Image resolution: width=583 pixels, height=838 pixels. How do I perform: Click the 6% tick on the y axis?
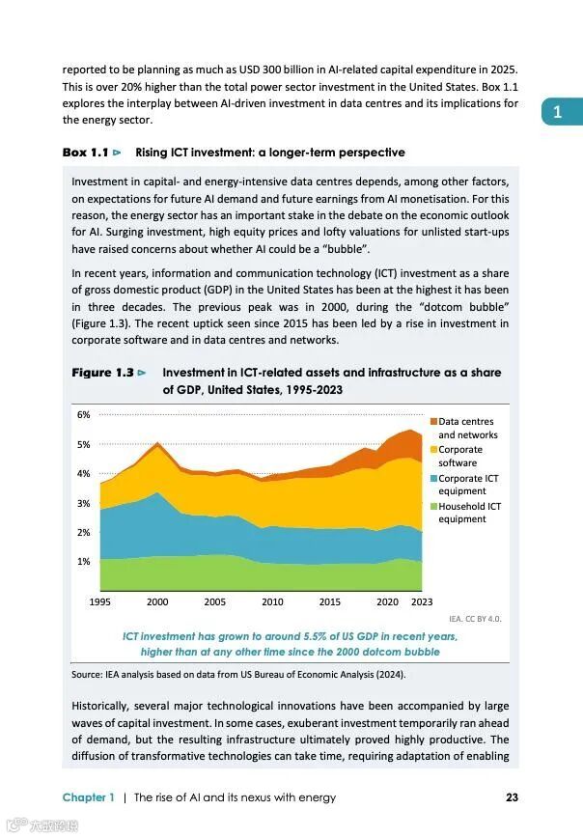coord(83,414)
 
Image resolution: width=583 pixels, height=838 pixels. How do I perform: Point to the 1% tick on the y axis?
coord(83,561)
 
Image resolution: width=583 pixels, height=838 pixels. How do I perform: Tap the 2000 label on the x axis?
coord(157,601)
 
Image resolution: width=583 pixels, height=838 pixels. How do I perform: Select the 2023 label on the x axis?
coord(422,601)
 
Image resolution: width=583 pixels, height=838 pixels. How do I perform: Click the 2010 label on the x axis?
coord(273,601)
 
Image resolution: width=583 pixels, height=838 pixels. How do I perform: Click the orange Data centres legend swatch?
coord(433,421)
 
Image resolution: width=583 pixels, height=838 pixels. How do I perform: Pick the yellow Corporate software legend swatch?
coord(433,449)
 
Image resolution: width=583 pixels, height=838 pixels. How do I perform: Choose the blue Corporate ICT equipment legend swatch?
coord(433,478)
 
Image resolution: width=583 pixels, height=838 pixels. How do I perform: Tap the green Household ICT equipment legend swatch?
coord(433,506)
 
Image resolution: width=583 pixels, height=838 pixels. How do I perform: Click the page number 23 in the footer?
coord(513,797)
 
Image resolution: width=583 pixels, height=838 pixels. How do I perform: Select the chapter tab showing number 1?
coord(557,113)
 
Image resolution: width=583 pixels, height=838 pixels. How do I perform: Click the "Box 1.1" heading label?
coord(85,153)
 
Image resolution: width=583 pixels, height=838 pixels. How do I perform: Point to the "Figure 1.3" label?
coord(101,372)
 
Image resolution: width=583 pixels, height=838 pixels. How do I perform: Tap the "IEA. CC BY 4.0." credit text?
coord(475,619)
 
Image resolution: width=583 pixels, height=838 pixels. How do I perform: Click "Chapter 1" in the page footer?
coord(88,797)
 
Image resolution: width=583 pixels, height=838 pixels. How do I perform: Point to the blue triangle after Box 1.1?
coord(117,153)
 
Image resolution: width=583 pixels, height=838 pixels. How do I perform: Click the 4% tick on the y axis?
coord(83,473)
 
